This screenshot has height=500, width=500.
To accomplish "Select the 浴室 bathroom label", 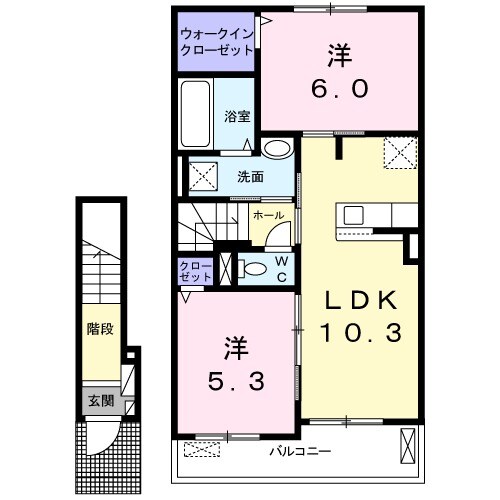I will tap(236, 115).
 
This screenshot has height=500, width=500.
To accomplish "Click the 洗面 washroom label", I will tap(250, 178).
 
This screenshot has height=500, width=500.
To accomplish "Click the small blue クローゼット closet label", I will tap(195, 269).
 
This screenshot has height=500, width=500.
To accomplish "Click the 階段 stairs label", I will tap(99, 327).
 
